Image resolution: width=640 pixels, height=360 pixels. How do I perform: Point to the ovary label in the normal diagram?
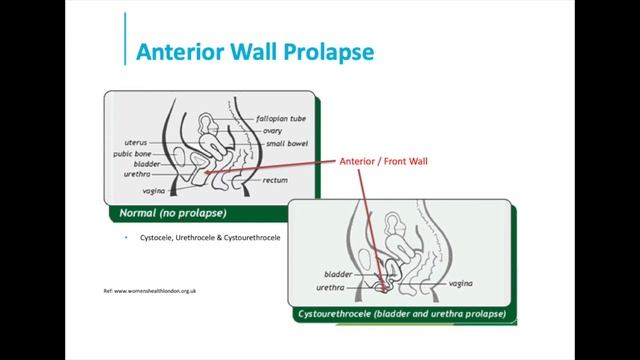(272, 131)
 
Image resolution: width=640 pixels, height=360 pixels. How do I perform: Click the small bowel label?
(284, 143)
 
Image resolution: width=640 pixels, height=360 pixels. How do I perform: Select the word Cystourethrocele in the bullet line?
(252, 238)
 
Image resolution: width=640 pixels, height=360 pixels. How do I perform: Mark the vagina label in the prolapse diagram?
(462, 283)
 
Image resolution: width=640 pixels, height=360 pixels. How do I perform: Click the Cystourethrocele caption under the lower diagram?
(400, 314)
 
